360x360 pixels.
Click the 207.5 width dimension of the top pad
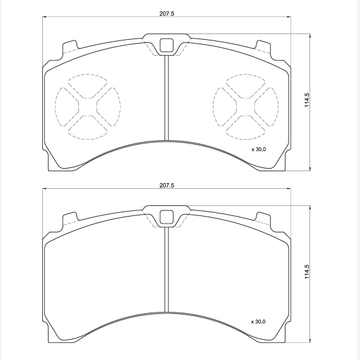coord(167,14)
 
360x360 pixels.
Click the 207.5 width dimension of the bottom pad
coord(167,185)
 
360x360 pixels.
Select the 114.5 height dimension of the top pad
coord(307,100)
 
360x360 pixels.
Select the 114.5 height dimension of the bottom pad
coord(307,272)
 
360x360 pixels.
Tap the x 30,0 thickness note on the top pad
coord(259,150)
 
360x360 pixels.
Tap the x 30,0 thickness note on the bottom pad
coord(258,321)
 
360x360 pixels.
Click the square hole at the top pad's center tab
coord(167,45)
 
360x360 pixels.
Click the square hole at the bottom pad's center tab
coord(167,217)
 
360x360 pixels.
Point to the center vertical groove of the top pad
coord(167,98)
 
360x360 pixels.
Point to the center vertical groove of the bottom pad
coord(167,270)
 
